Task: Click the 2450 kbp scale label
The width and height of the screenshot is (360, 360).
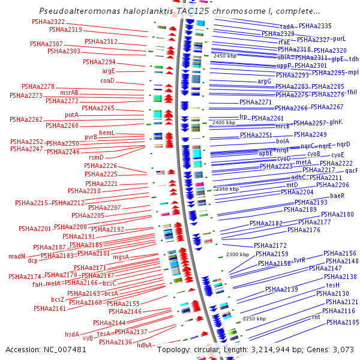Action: (x=226, y=56)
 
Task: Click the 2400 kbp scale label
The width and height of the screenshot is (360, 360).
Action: (x=223, y=122)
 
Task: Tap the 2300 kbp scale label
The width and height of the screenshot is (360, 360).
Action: (x=237, y=255)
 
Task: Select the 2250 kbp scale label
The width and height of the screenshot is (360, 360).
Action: (x=253, y=319)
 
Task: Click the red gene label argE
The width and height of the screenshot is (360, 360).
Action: (x=108, y=71)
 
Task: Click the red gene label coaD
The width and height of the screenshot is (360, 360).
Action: (x=107, y=80)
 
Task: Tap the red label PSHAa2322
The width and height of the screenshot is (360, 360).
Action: (x=49, y=22)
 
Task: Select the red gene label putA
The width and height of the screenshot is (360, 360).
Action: (x=72, y=115)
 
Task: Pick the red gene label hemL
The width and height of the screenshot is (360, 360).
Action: (x=107, y=133)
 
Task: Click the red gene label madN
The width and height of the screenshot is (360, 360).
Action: (x=17, y=256)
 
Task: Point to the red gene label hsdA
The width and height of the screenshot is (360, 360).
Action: (x=72, y=334)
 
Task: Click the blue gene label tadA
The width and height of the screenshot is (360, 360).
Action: (x=287, y=27)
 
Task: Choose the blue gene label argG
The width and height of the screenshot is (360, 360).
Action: (x=265, y=81)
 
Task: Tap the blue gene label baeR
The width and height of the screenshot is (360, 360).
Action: (x=337, y=196)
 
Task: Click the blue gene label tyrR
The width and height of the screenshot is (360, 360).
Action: (x=299, y=260)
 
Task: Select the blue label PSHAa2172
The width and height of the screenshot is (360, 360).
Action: (x=270, y=245)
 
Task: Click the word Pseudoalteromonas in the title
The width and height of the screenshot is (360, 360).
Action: (x=76, y=11)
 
